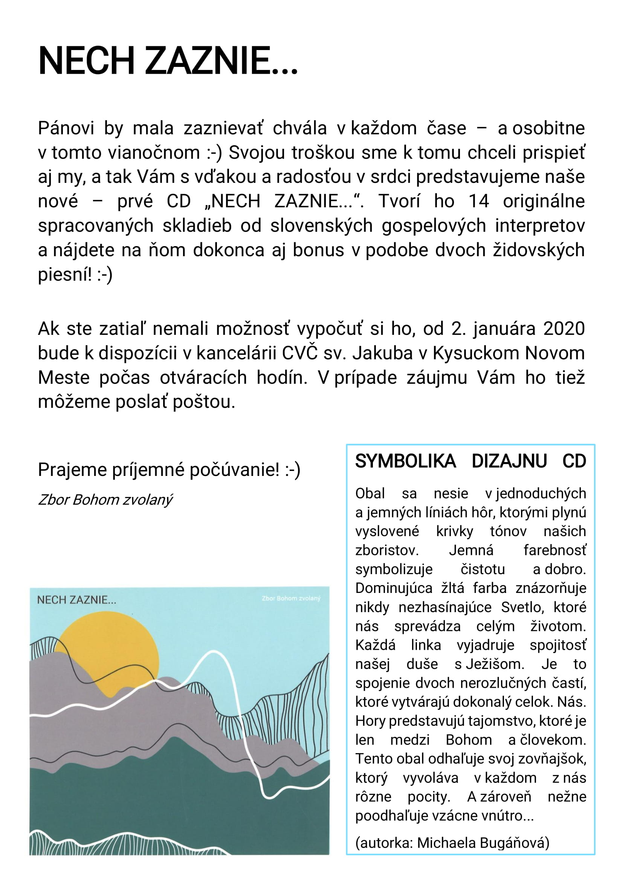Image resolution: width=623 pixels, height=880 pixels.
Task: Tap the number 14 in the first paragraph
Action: [478, 201]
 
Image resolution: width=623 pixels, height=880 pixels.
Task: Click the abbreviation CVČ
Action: [299, 353]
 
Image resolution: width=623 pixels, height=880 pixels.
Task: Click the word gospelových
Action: [434, 226]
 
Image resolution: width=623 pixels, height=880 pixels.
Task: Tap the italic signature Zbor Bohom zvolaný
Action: [105, 500]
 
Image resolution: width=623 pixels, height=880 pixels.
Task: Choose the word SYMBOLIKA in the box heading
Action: [405, 461]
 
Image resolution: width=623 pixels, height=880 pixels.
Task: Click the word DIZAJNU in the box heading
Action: [509, 461]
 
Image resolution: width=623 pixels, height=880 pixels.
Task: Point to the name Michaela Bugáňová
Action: [483, 843]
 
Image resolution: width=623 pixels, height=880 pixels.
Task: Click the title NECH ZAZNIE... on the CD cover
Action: [76, 600]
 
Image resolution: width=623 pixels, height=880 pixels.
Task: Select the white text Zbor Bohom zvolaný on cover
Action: [291, 598]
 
